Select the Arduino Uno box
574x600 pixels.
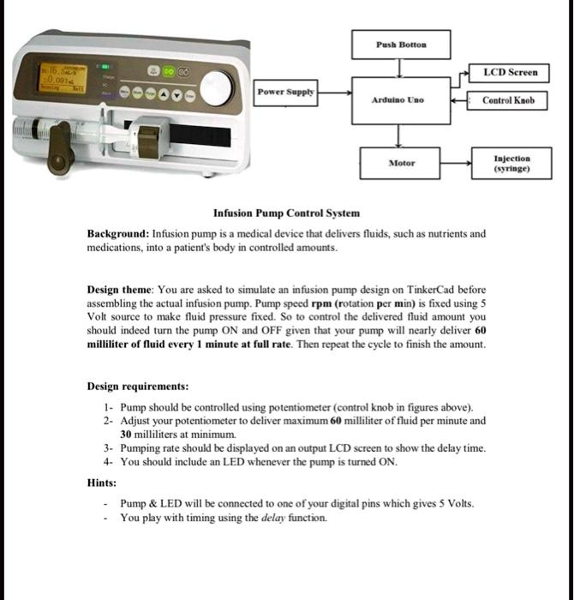coord(397,99)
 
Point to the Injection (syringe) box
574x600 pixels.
coord(511,163)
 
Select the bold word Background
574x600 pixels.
coord(117,233)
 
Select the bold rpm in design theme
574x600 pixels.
coord(320,303)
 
